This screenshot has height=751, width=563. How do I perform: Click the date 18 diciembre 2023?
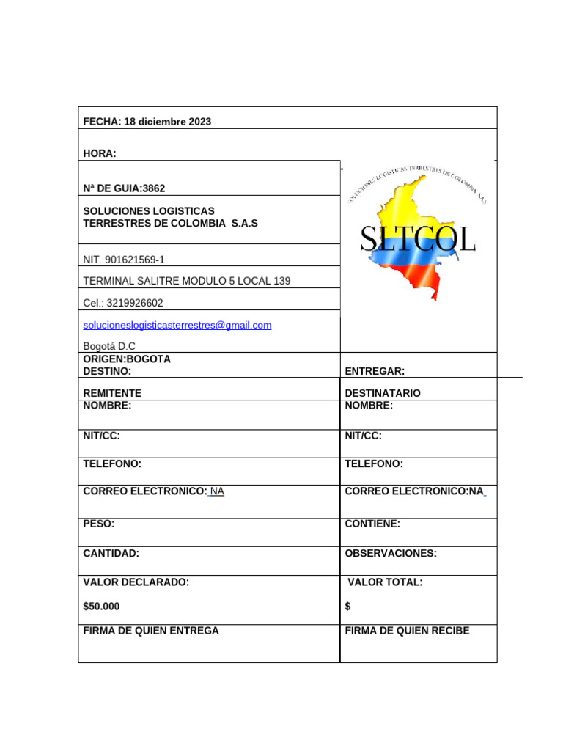168,122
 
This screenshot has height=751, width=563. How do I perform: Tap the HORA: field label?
100,153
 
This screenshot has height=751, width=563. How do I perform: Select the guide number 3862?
154,188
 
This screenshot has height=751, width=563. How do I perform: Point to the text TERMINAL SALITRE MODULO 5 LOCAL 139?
181,281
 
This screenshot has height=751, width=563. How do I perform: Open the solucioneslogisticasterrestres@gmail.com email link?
177,325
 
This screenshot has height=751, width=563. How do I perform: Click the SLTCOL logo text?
418,240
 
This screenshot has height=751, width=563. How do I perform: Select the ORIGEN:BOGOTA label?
127,359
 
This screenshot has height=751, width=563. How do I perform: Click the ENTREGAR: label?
375,372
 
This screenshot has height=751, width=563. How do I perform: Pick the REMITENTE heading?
112,393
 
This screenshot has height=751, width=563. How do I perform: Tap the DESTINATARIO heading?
383,393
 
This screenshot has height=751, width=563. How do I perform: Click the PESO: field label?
99,524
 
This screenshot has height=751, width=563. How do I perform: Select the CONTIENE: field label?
372,524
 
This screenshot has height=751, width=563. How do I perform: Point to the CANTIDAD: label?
111,554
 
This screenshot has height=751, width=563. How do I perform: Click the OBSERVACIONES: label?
391,554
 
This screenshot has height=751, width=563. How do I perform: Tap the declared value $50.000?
102,607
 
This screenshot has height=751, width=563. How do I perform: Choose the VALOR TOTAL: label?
385,582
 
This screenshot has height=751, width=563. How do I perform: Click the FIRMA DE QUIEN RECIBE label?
407,631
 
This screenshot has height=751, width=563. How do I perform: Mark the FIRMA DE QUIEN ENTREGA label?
151,631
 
